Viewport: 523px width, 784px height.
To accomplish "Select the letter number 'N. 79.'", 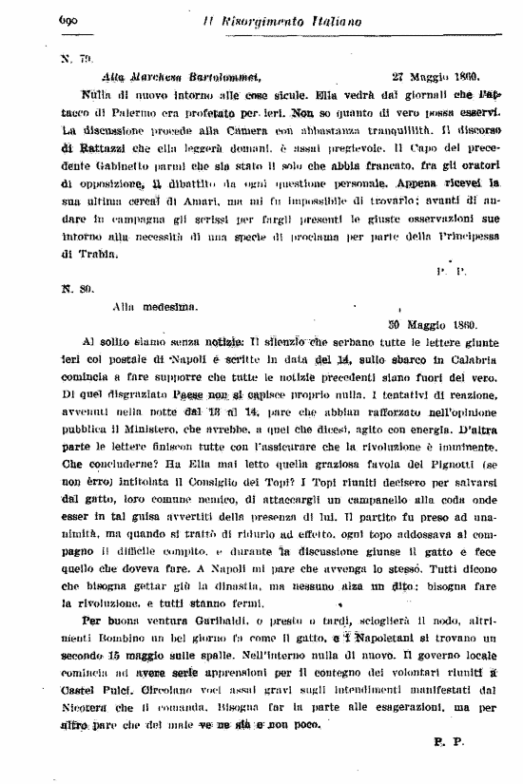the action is point(72,58).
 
